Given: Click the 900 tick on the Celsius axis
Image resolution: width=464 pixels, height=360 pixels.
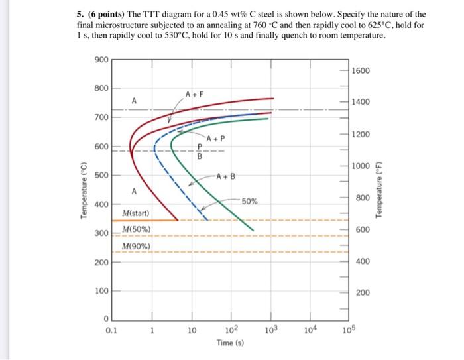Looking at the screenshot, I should [x=101, y=59].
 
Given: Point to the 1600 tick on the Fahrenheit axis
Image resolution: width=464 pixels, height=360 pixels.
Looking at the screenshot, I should [x=361, y=70].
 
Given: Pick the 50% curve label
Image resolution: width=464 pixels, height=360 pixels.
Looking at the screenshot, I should [x=250, y=200].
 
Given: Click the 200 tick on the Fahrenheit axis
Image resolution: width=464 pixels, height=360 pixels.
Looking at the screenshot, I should [x=363, y=293].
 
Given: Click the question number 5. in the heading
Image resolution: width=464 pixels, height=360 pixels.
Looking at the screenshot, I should [x=80, y=14].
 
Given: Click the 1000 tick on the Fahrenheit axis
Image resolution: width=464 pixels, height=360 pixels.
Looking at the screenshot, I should [x=361, y=166].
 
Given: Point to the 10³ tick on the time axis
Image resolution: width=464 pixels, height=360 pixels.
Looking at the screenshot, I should [x=270, y=330].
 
